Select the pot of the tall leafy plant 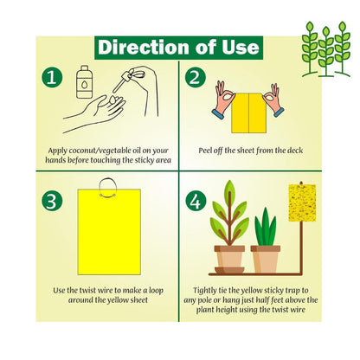tap(231, 259)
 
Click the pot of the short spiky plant tap(265, 259)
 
